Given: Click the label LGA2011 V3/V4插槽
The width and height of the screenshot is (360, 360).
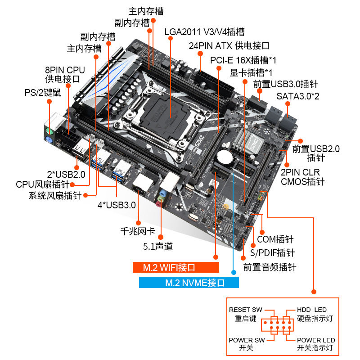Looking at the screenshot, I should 204,32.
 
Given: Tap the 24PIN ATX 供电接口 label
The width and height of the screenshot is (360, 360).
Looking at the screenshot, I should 229,46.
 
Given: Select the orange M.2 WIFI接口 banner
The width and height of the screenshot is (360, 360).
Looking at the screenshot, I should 176,267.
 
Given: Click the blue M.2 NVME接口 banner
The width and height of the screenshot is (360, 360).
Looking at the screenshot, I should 189,283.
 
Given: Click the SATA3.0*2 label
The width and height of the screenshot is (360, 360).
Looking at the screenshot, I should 297,96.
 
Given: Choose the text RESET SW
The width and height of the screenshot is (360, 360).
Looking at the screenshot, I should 246,310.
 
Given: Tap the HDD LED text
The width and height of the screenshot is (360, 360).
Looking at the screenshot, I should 311,310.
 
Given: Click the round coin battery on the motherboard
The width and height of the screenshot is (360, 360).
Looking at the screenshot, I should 224,157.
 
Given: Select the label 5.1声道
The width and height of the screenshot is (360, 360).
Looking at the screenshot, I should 157,246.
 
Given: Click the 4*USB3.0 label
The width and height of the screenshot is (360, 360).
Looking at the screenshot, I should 117,205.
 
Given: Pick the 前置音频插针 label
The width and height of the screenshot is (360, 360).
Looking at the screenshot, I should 270,267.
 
